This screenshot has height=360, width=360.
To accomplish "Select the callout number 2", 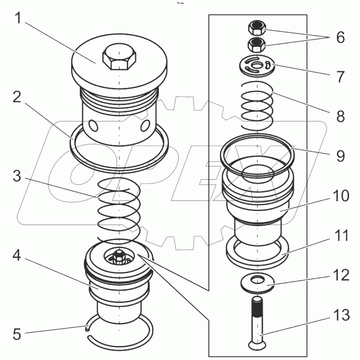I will point(18,98).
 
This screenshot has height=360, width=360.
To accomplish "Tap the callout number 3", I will point(18,176).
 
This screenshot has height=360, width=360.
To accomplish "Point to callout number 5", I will point(18,334).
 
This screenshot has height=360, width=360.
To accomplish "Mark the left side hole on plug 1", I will point(94,125).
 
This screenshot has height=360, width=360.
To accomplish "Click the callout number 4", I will point(18,257).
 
